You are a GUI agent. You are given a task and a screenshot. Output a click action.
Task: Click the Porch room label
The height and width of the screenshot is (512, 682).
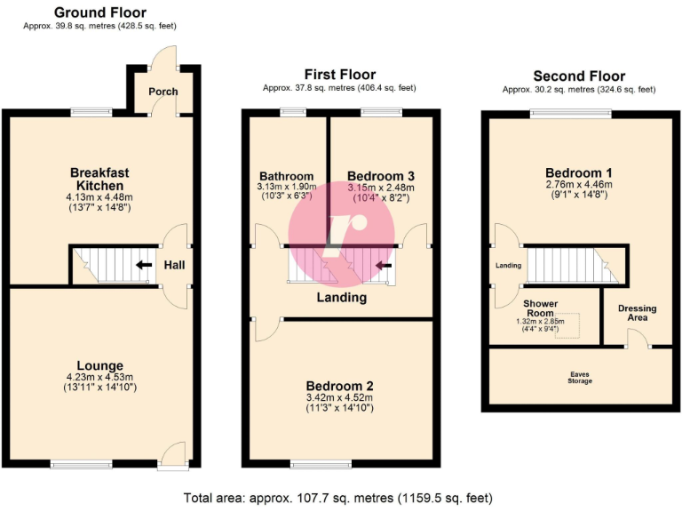click(x=163, y=92)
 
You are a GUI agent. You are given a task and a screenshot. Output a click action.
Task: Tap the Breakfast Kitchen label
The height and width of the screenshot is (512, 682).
click(x=99, y=179)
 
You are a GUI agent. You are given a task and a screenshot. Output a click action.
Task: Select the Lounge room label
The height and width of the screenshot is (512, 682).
click(x=99, y=365)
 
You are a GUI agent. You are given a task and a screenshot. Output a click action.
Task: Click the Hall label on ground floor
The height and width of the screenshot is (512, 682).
click(x=174, y=265)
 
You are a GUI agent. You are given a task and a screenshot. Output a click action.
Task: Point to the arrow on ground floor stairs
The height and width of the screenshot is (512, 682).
click(x=142, y=264)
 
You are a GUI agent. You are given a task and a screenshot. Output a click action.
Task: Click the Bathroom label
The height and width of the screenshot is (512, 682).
click(x=286, y=176)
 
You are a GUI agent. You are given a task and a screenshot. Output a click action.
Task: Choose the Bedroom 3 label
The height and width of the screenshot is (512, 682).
click(x=381, y=176)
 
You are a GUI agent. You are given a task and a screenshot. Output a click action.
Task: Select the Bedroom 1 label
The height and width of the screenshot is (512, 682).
click(x=578, y=172)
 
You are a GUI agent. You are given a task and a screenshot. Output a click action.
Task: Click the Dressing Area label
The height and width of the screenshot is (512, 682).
click(x=638, y=314)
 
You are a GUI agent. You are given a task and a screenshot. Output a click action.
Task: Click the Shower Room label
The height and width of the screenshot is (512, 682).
click(x=540, y=308)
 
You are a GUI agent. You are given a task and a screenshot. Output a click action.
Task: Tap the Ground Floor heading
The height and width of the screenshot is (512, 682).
click(x=100, y=12)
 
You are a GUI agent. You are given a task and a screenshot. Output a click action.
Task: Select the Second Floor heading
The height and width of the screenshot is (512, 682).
click(x=579, y=76)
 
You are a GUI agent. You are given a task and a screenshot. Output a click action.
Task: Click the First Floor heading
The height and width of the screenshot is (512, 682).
click(x=339, y=75)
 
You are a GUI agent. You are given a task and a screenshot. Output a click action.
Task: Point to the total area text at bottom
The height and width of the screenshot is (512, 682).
click(x=337, y=498)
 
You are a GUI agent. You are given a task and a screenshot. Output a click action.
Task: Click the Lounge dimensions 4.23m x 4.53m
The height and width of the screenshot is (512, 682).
click(x=99, y=377)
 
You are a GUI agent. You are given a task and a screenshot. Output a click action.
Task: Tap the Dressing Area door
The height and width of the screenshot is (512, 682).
click(x=635, y=339)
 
